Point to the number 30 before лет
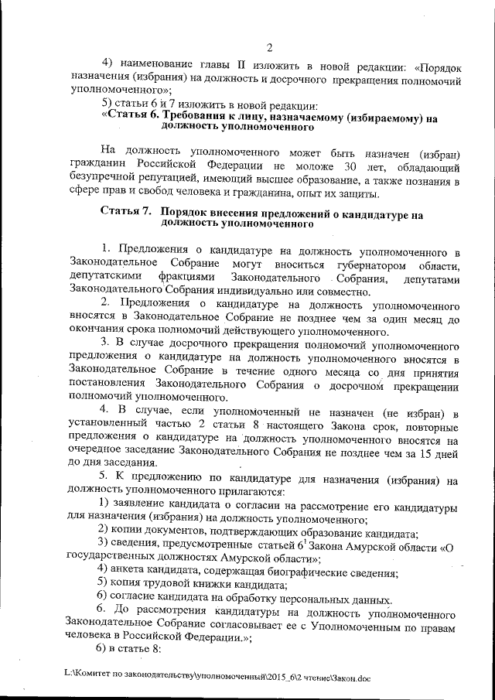coord(350,166)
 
